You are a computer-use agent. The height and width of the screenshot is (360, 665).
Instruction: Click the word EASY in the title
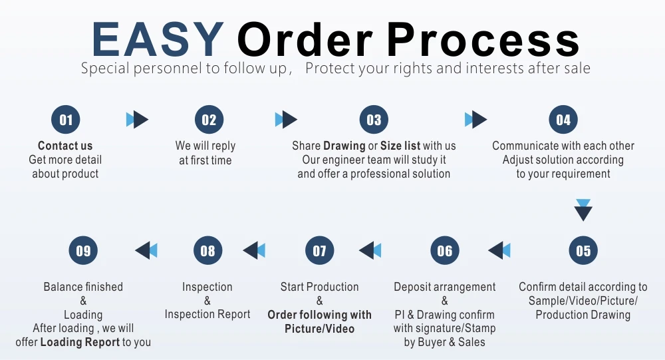tap(157, 39)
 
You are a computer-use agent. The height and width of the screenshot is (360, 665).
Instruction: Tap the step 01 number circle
tap(66, 120)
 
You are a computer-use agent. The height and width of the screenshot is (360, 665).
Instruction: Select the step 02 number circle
tap(209, 120)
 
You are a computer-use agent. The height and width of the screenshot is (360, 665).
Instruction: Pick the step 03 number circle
tap(374, 120)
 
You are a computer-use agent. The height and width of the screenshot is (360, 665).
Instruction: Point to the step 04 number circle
tap(563, 120)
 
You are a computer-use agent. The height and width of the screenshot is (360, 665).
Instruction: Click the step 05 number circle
tap(583, 251)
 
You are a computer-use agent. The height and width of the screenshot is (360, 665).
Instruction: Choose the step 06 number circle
tap(445, 251)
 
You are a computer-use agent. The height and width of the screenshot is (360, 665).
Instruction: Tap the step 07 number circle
tap(320, 251)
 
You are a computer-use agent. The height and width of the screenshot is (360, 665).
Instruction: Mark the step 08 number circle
tap(208, 251)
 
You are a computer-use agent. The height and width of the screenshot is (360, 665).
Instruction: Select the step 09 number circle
tap(83, 251)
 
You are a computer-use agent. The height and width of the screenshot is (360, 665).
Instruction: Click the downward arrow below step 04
tap(583, 210)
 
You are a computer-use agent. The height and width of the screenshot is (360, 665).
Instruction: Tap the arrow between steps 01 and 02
tap(137, 120)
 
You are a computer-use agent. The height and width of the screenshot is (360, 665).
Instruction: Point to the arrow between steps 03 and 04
tap(475, 120)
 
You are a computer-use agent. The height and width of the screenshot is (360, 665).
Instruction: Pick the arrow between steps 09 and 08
tap(146, 251)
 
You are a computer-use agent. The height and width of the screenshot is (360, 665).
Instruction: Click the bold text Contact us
tap(65, 146)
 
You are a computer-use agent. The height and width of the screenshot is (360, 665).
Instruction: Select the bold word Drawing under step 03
tap(344, 146)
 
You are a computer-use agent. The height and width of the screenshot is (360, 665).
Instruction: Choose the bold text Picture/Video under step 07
tap(319, 329)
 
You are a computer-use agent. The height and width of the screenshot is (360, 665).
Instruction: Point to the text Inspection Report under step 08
tap(207, 314)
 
